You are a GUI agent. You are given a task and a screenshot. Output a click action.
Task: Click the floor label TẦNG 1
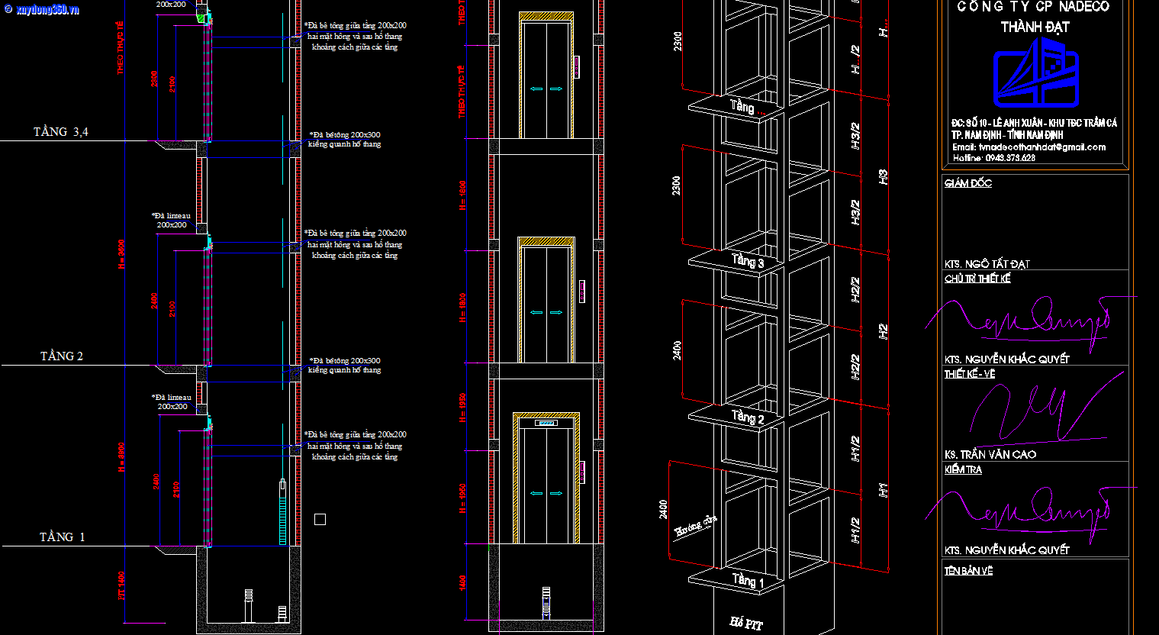point(62,537)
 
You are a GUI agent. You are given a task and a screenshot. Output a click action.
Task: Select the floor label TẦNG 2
point(62,356)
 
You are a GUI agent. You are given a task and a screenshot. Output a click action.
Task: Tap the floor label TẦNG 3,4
point(60,132)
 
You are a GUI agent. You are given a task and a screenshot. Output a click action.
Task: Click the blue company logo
point(1035,74)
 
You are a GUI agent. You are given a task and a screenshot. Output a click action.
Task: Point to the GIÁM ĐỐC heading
point(967,183)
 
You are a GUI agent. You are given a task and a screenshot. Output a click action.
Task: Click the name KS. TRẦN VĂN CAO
point(990,454)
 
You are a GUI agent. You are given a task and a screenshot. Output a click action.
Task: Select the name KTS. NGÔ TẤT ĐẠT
point(987,264)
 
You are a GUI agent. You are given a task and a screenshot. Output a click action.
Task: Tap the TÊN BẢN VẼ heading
point(967,571)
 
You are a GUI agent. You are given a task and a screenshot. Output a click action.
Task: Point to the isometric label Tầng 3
point(747,261)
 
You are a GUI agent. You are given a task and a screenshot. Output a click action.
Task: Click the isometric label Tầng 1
point(747,580)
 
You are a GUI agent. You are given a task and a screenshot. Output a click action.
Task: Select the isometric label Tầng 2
point(747,417)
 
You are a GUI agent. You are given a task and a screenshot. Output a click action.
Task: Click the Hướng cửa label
point(696,527)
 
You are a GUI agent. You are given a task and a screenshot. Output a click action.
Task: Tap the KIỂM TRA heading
point(963,470)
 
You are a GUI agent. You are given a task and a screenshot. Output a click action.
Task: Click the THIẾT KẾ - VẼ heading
point(969,374)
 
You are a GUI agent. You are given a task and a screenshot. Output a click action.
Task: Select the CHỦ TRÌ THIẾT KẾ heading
point(977,279)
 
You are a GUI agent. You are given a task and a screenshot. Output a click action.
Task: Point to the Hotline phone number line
point(993,158)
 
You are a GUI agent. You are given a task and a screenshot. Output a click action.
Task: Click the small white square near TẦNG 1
point(320,519)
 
